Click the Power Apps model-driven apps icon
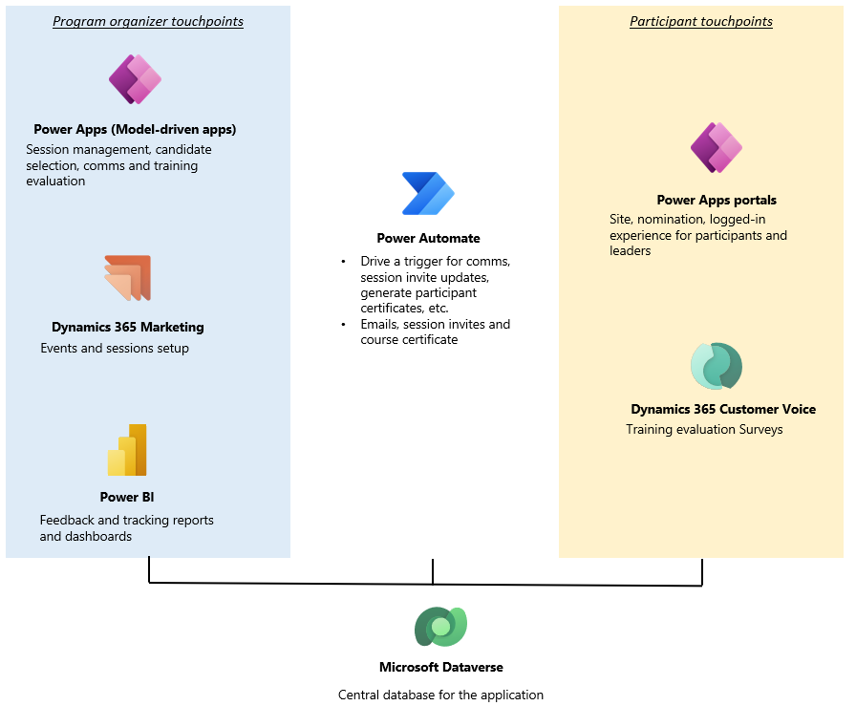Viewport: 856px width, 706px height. (135, 79)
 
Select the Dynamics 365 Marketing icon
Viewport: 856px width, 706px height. (128, 279)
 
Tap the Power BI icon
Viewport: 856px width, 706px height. (127, 450)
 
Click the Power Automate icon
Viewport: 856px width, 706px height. (428, 194)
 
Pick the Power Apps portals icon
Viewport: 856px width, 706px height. (716, 148)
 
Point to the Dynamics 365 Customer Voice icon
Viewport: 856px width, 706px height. (717, 367)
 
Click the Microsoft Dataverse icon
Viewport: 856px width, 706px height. (440, 627)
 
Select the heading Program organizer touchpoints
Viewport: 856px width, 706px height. (148, 21)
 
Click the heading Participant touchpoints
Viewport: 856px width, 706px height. (701, 21)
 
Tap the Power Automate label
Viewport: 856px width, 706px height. (428, 238)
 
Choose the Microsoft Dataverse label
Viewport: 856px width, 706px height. (440, 667)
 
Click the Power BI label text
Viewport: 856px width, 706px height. (127, 497)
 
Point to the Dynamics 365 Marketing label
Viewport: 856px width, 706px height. (127, 327)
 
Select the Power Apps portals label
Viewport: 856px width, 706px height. (717, 200)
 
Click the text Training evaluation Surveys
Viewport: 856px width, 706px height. (704, 429)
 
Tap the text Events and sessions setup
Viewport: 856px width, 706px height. (115, 348)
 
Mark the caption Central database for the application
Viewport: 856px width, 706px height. (440, 695)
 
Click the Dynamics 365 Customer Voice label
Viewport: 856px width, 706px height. (723, 409)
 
